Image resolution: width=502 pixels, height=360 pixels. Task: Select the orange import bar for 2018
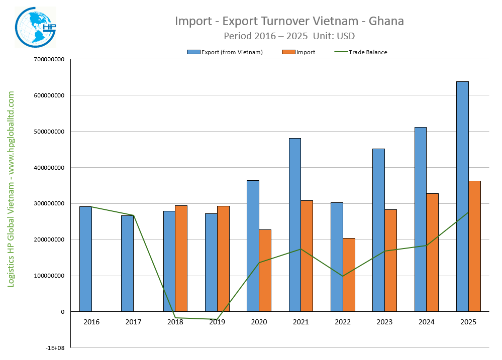(181, 258)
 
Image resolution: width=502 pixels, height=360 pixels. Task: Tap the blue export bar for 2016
(85, 259)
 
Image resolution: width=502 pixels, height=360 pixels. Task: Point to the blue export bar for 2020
(253, 246)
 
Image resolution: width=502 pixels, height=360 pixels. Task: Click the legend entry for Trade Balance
(367, 52)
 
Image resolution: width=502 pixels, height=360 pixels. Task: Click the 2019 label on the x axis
(217, 322)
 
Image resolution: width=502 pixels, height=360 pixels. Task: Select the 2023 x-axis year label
(384, 322)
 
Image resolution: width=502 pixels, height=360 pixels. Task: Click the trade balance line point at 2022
(343, 276)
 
